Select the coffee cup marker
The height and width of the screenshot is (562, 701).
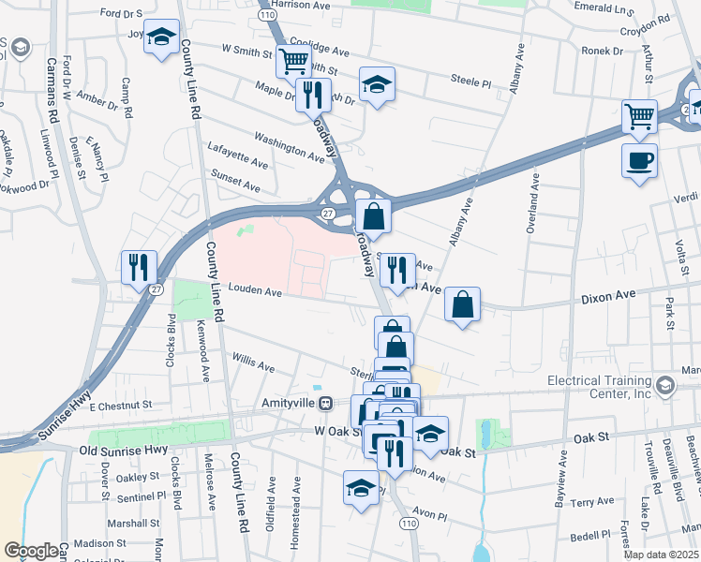[x=639, y=159]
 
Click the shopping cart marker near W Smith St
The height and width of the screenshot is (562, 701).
[x=293, y=62]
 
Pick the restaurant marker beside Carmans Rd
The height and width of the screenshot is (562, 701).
[x=136, y=266]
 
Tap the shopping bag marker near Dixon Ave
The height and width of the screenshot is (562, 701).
[x=463, y=303]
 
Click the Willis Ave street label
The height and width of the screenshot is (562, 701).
[x=253, y=362]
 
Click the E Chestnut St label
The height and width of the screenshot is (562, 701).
[x=121, y=407]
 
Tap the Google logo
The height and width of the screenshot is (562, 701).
[x=31, y=551]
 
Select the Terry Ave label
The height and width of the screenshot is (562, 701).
[x=591, y=502]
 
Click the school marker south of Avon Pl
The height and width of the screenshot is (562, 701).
[x=361, y=489]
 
